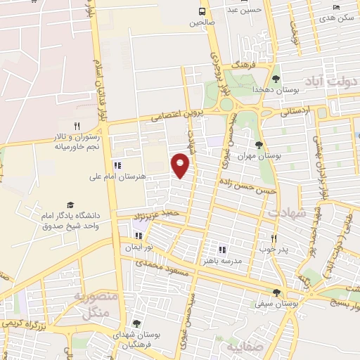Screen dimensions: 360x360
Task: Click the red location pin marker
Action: click(181, 165)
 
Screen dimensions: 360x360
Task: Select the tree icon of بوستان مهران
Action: click(259, 145)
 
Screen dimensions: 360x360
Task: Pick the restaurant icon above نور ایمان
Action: click(139, 236)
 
